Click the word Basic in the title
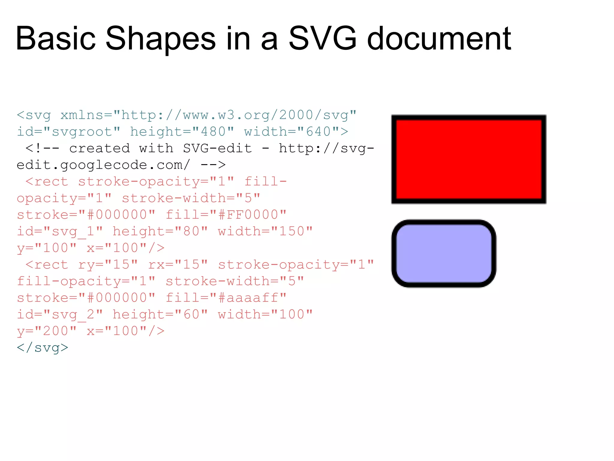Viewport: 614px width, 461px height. tap(55, 38)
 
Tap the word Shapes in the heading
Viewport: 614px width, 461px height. tap(160, 38)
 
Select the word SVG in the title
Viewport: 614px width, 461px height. tap(322, 38)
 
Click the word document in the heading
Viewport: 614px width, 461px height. tap(439, 38)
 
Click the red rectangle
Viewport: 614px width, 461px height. tap(469, 159)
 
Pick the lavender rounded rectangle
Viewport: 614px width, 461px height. tap(444, 254)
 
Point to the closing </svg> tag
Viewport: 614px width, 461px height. tap(43, 348)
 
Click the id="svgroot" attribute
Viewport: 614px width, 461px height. tap(69, 132)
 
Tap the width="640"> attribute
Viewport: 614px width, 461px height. tap(296, 132)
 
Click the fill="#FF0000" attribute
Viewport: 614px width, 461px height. tap(226, 215)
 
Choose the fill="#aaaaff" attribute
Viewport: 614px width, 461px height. tap(226, 298)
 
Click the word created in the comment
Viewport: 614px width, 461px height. tap(100, 149)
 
